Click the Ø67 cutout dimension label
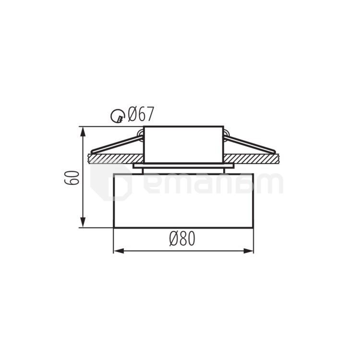tap(141, 115)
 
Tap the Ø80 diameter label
tap(182, 239)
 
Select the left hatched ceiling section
tap(115, 158)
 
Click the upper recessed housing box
tap(183, 144)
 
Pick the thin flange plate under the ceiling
tap(183, 166)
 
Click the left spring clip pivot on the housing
tap(141, 134)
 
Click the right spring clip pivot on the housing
tap(226, 134)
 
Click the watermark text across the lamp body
tap(211, 185)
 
